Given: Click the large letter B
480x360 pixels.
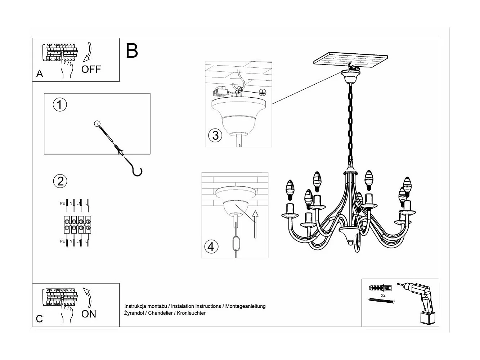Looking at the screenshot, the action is (132, 50).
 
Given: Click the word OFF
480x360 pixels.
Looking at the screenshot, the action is (91, 70).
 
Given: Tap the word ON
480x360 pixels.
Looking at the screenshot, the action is (89, 314).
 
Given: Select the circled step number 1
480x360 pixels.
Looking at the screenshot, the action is (60, 105).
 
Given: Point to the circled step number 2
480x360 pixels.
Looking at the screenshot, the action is (60, 181).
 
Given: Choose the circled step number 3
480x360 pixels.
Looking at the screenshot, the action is (215, 135).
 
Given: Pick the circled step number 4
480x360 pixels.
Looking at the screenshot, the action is (211, 246).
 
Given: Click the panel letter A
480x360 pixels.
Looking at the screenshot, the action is (40, 74).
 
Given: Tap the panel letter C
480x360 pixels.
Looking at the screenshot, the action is (39, 319).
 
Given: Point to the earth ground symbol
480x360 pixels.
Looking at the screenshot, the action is (262, 93).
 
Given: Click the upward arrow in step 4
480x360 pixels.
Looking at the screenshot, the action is (255, 224).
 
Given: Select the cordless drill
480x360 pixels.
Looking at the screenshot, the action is (417, 303).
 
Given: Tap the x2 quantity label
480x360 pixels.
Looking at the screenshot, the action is (383, 295).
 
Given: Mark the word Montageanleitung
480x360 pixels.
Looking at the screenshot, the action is (245, 306).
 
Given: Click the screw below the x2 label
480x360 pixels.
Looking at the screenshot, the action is (381, 301).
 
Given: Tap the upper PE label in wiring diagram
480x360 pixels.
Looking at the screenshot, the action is (62, 203).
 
